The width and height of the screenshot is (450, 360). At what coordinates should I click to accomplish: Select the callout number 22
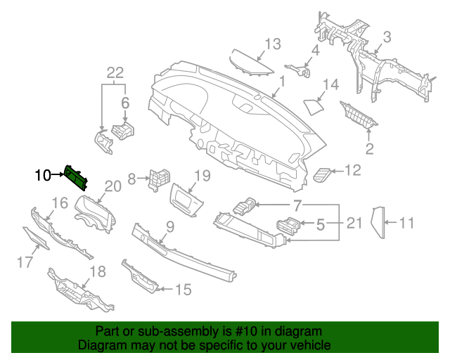[115, 72]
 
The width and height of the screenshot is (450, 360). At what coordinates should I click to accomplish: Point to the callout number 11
[407, 224]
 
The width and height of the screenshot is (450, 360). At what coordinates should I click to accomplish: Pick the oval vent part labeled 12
[323, 173]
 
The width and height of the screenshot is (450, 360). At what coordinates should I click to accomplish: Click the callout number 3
[386, 37]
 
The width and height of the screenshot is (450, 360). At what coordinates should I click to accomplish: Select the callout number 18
[98, 271]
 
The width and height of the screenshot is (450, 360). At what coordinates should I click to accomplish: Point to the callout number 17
[25, 263]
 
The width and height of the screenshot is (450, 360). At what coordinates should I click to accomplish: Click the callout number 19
[202, 175]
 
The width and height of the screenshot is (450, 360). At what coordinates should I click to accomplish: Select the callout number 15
[183, 288]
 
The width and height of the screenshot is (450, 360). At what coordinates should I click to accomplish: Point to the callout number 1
[281, 83]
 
